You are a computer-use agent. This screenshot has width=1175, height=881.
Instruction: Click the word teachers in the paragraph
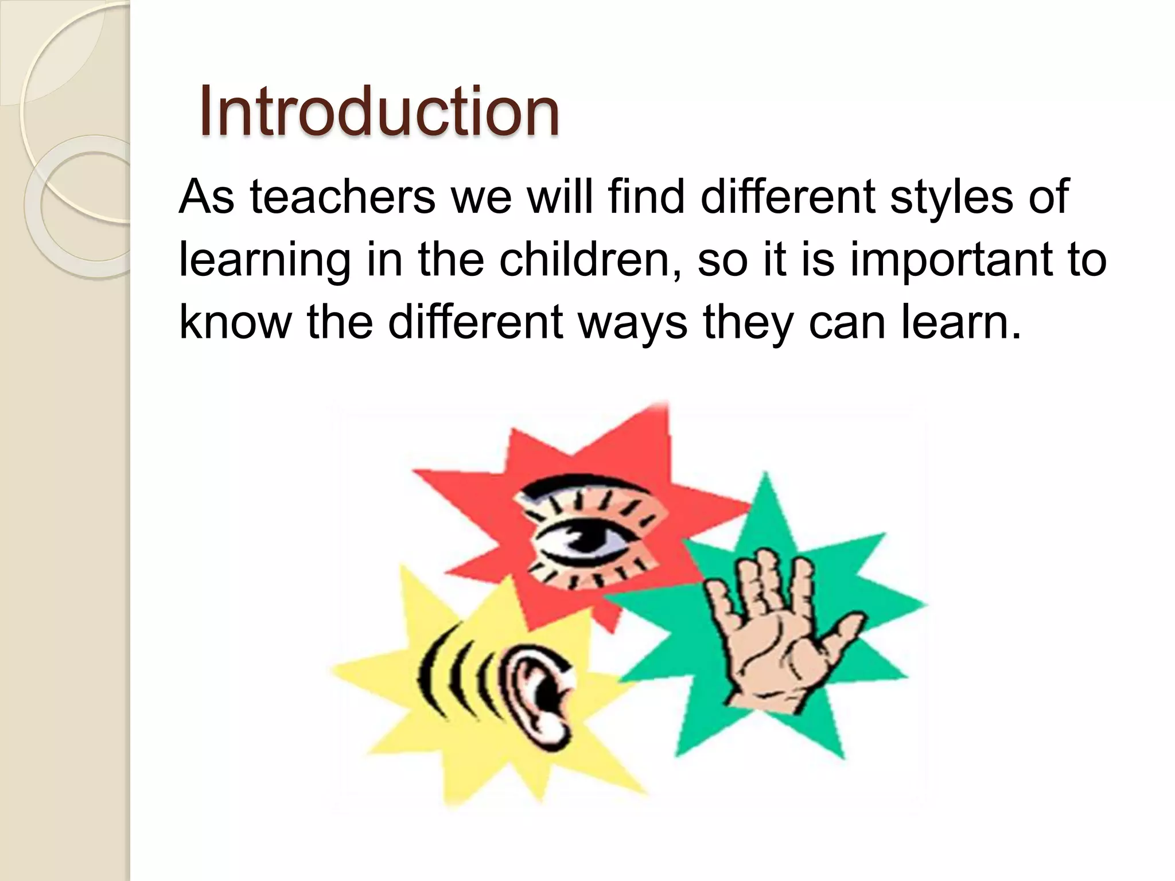(x=343, y=197)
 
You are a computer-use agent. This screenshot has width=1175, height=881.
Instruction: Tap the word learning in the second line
(x=264, y=259)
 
